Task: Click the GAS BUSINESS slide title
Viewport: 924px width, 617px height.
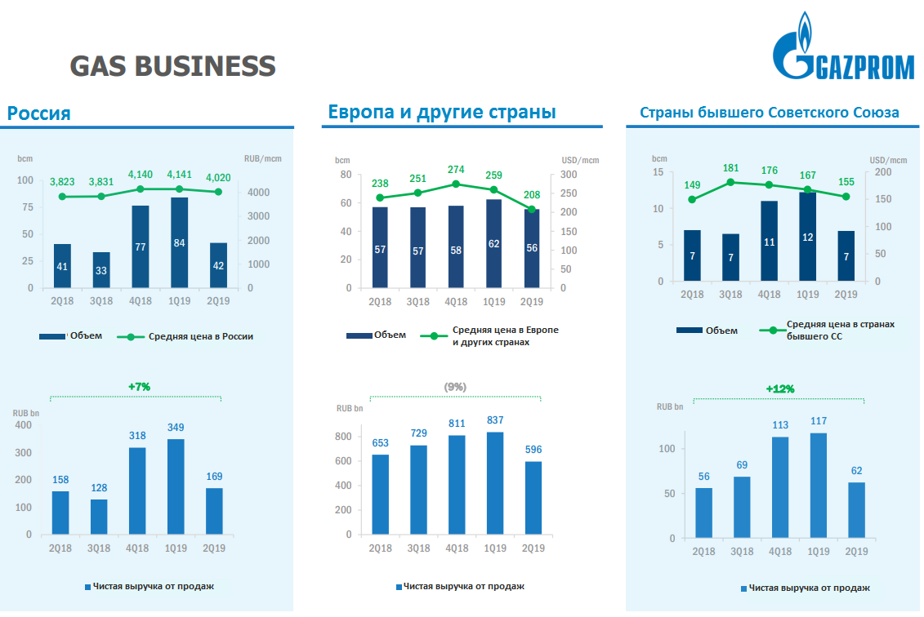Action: (x=172, y=66)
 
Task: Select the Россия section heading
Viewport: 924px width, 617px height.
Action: (x=39, y=113)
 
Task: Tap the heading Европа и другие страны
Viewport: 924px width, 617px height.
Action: (x=442, y=112)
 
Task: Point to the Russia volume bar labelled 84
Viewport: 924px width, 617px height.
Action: (x=179, y=242)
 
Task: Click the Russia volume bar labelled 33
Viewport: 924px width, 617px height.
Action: (x=101, y=270)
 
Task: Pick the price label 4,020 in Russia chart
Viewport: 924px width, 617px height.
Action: (x=218, y=176)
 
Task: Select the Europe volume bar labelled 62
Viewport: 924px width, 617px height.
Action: (x=493, y=243)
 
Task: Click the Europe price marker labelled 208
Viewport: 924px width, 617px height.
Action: (x=532, y=210)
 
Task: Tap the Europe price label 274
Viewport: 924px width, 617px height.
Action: (x=455, y=169)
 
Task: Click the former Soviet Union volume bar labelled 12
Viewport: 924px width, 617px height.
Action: (x=807, y=237)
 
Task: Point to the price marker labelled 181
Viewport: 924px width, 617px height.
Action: (x=730, y=183)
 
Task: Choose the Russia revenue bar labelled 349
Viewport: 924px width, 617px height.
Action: (x=176, y=488)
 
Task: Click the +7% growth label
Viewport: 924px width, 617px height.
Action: (x=140, y=387)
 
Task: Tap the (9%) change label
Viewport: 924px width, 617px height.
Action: (x=455, y=387)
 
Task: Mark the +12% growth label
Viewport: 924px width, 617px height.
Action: (x=780, y=388)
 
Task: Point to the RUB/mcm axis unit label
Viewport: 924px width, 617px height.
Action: (x=262, y=158)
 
